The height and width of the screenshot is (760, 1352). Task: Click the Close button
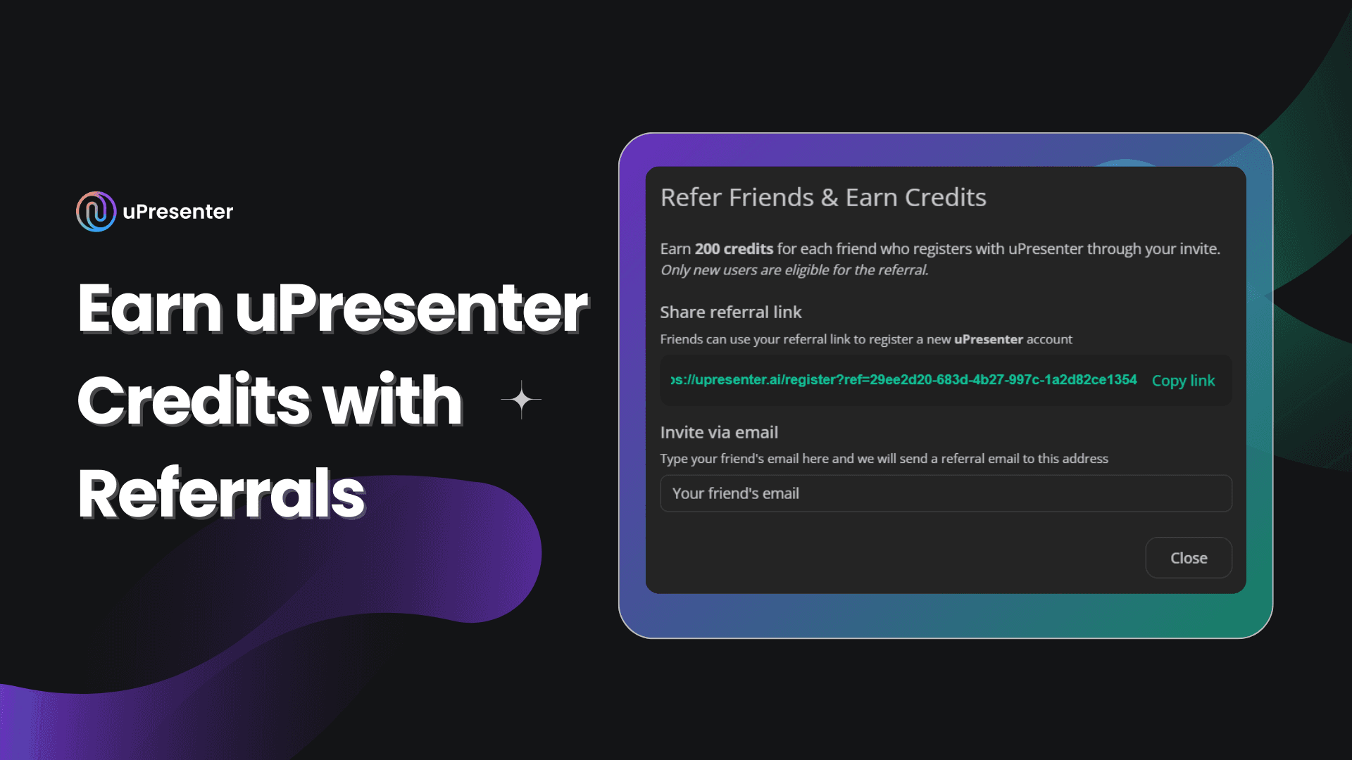(1188, 558)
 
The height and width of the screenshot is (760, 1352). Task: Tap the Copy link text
(1183, 381)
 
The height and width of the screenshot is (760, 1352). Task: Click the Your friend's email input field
(945, 493)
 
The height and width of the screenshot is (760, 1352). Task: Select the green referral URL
(903, 380)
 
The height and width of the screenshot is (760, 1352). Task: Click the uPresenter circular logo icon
(96, 212)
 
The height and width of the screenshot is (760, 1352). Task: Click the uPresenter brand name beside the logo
(177, 212)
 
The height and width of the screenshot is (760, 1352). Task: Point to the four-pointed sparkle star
(521, 400)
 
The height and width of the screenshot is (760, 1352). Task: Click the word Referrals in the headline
(221, 494)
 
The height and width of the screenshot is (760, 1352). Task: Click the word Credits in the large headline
(194, 401)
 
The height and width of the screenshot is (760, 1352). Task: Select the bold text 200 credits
(734, 249)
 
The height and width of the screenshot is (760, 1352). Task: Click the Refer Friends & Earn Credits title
(822, 198)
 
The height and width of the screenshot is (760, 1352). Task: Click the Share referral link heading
(730, 312)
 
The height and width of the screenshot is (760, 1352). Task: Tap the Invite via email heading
(718, 433)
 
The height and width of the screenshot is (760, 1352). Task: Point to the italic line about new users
(794, 270)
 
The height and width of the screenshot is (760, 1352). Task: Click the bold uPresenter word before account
(988, 340)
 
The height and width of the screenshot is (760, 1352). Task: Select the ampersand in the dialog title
(830, 198)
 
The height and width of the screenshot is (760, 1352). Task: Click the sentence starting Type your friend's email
(883, 459)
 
